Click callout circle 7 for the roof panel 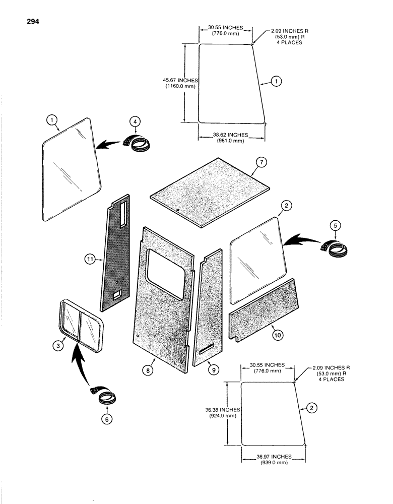click(260, 162)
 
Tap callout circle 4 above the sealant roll click(134, 121)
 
